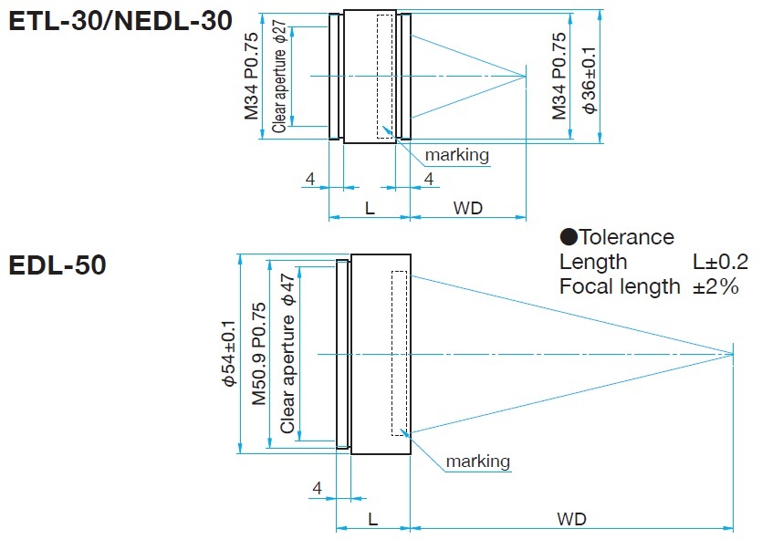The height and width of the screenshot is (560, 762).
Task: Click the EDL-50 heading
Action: [x=57, y=265]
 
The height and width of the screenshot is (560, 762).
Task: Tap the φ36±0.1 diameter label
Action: [x=589, y=81]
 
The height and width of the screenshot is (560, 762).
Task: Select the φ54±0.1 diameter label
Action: [x=229, y=353]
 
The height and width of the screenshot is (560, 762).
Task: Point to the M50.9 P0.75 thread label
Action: [x=259, y=353]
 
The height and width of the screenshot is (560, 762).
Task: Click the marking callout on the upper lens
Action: [x=456, y=155]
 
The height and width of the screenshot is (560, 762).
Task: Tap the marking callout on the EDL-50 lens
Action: [x=477, y=461]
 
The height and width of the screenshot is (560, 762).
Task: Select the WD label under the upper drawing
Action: [x=468, y=208]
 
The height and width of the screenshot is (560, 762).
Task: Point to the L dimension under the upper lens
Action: [x=370, y=208]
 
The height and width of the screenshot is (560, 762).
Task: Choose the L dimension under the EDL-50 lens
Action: [x=373, y=519]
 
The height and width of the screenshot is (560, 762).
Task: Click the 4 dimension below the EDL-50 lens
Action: [x=317, y=489]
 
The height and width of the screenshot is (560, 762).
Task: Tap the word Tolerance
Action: [x=627, y=237]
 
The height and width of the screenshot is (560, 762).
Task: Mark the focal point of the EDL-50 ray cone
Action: [x=733, y=353]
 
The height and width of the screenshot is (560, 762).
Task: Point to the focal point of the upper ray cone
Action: [x=527, y=76]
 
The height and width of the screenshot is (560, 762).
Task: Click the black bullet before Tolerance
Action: [x=569, y=238]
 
